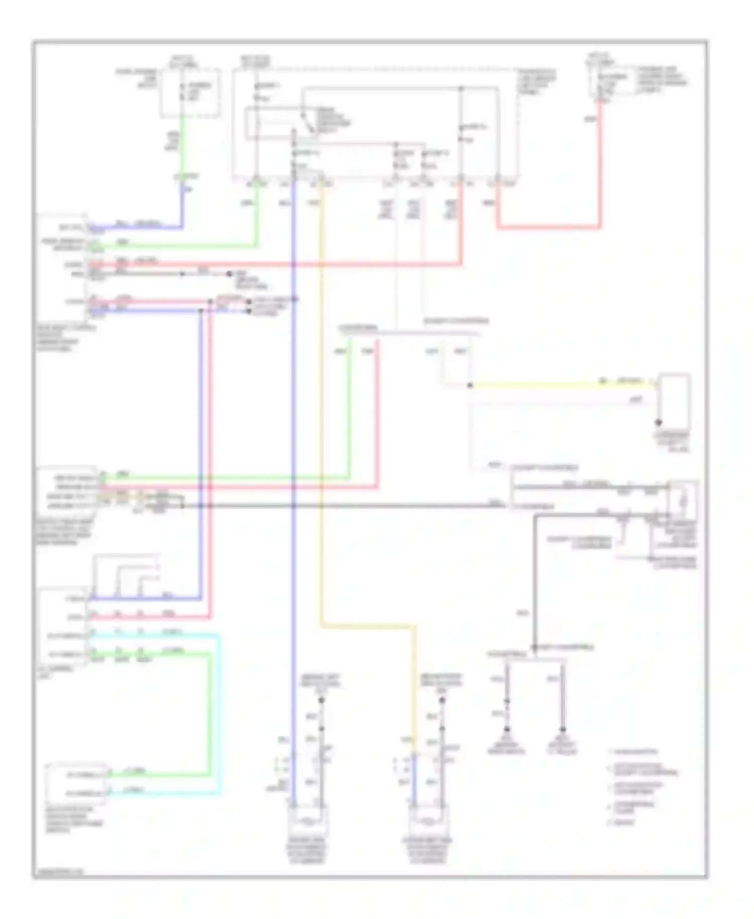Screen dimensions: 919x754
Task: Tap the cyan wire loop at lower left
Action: [220, 714]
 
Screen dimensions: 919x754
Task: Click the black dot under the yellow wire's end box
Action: [658, 423]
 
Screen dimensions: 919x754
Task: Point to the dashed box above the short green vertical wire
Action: [190, 94]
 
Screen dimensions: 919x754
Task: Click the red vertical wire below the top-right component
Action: [600, 166]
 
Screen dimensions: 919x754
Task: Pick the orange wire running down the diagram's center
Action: [321, 402]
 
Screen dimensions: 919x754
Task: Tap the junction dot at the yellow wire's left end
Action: [470, 386]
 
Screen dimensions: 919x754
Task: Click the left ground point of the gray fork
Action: [507, 730]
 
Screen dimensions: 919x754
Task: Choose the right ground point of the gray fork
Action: [562, 729]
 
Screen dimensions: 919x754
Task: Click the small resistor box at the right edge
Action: [682, 500]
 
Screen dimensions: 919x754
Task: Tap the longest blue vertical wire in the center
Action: [294, 452]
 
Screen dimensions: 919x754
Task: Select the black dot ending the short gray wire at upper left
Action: [229, 274]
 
